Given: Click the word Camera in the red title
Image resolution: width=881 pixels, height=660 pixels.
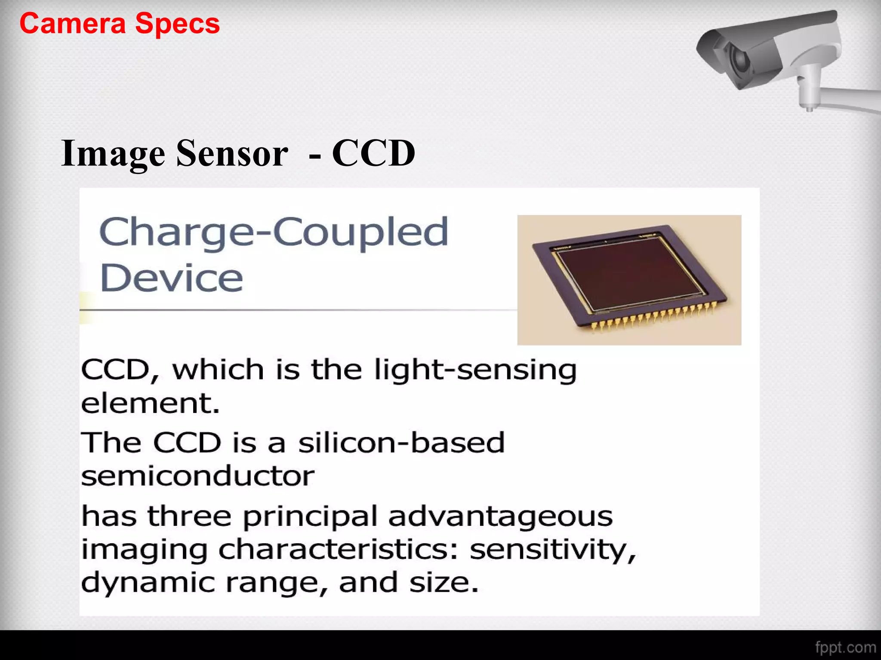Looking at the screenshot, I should coord(72,24).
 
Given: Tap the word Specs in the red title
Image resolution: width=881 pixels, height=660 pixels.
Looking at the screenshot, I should coord(177,24).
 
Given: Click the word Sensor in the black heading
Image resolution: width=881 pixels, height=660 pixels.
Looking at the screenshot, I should coord(232,153).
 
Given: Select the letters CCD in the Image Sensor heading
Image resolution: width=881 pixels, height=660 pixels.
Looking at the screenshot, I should coord(373,153).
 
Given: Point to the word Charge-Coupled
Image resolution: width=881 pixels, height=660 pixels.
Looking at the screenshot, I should coord(274,232).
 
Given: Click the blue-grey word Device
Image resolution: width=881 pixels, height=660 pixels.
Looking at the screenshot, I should coord(172,278).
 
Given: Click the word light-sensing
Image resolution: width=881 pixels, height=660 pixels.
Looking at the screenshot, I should coord(475,370).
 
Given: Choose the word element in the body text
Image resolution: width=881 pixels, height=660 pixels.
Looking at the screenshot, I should coord(150,403).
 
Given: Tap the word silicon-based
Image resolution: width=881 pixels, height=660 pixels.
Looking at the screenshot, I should coord(401,443).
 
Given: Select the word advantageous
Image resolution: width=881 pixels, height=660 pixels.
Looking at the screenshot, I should coord(500,516).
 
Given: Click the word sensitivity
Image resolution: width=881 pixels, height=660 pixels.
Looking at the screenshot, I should coord(552,550).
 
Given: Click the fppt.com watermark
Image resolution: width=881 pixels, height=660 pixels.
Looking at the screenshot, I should coord(845,648).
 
